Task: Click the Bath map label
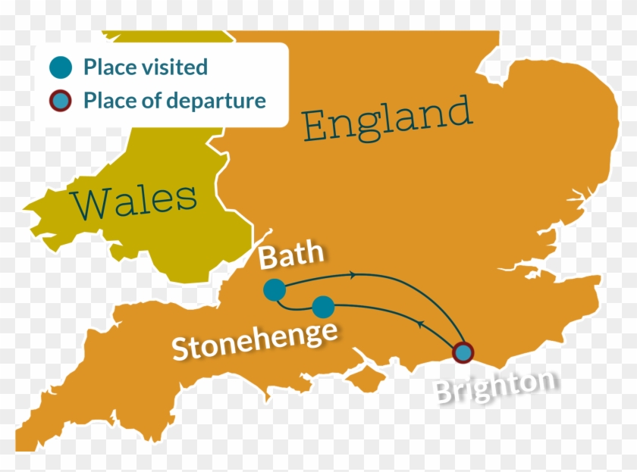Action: pyautogui.click(x=291, y=257)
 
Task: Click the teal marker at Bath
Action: pyautogui.click(x=275, y=289)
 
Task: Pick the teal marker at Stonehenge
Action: pyautogui.click(x=323, y=307)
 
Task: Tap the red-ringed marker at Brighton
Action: pyautogui.click(x=463, y=353)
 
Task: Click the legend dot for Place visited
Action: pyautogui.click(x=61, y=67)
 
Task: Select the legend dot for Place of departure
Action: pyautogui.click(x=61, y=100)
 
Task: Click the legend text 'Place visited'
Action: pyautogui.click(x=145, y=67)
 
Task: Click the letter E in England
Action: pyautogui.click(x=317, y=127)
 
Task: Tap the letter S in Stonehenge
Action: pyautogui.click(x=180, y=351)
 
